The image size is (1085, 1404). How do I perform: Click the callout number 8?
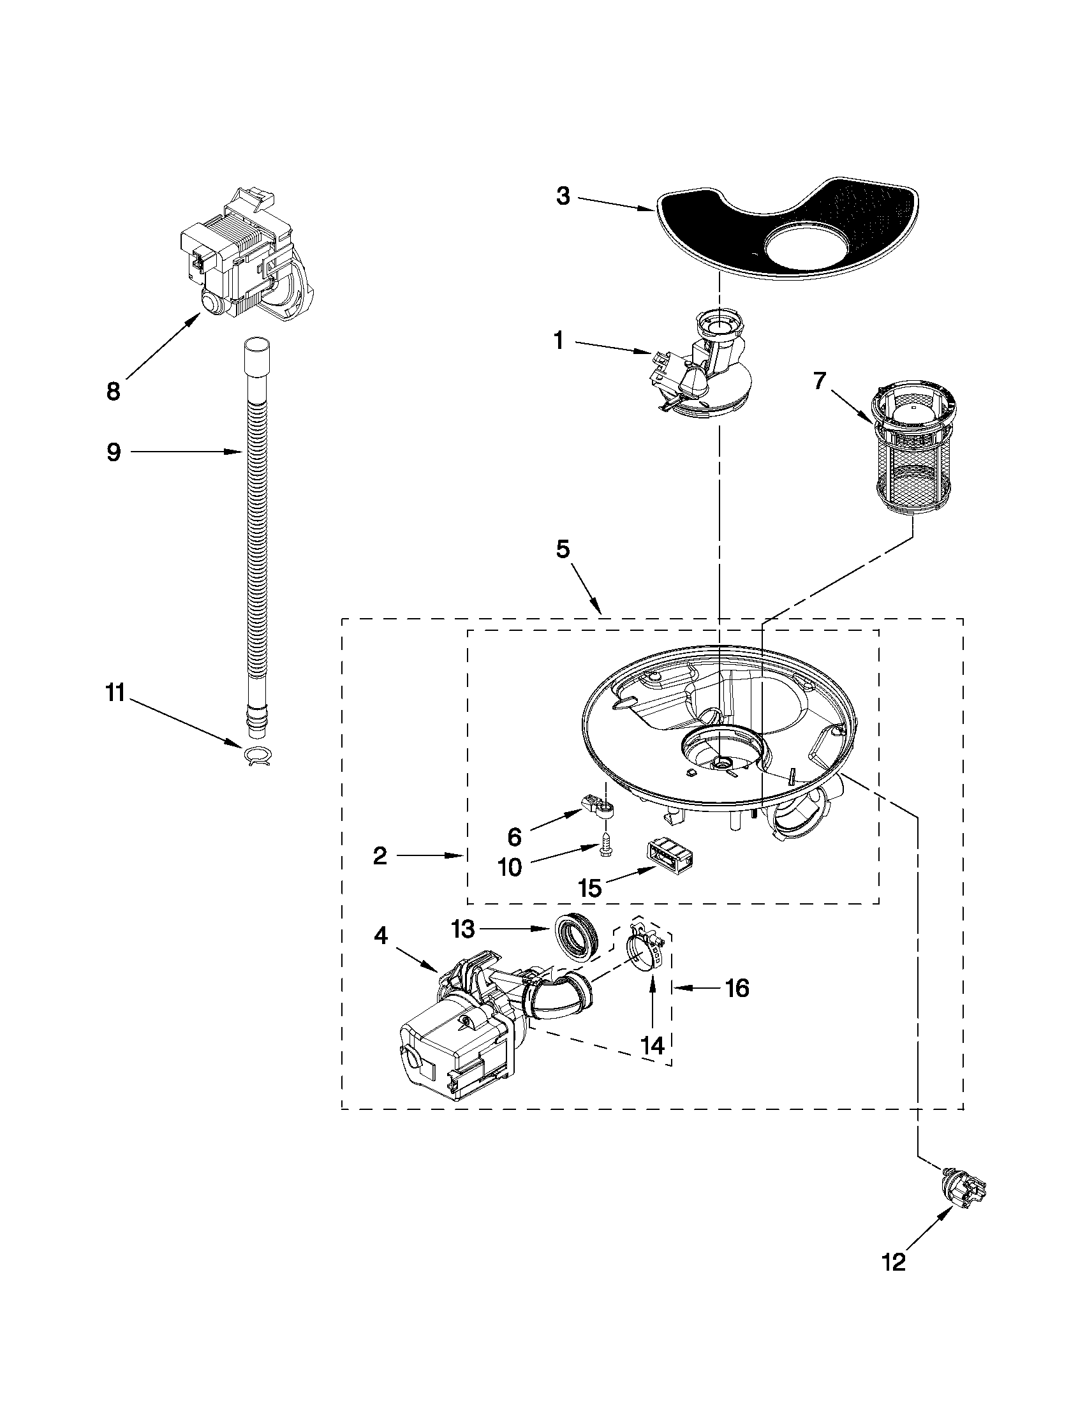[113, 392]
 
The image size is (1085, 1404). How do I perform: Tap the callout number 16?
[737, 988]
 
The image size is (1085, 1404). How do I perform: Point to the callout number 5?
[563, 551]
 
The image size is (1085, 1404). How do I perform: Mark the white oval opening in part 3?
[804, 248]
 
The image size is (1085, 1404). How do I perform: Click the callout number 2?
[380, 855]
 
